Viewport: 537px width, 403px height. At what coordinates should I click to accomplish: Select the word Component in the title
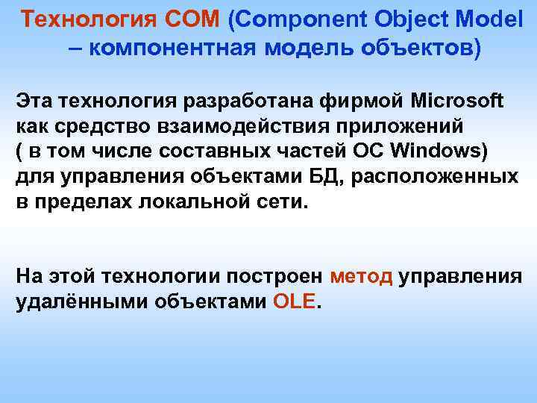point(295,20)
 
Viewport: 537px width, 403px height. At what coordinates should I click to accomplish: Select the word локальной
point(200,201)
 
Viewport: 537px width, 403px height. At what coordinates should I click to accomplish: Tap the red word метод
point(360,277)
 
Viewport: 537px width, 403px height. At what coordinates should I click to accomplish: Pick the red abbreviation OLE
point(295,302)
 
